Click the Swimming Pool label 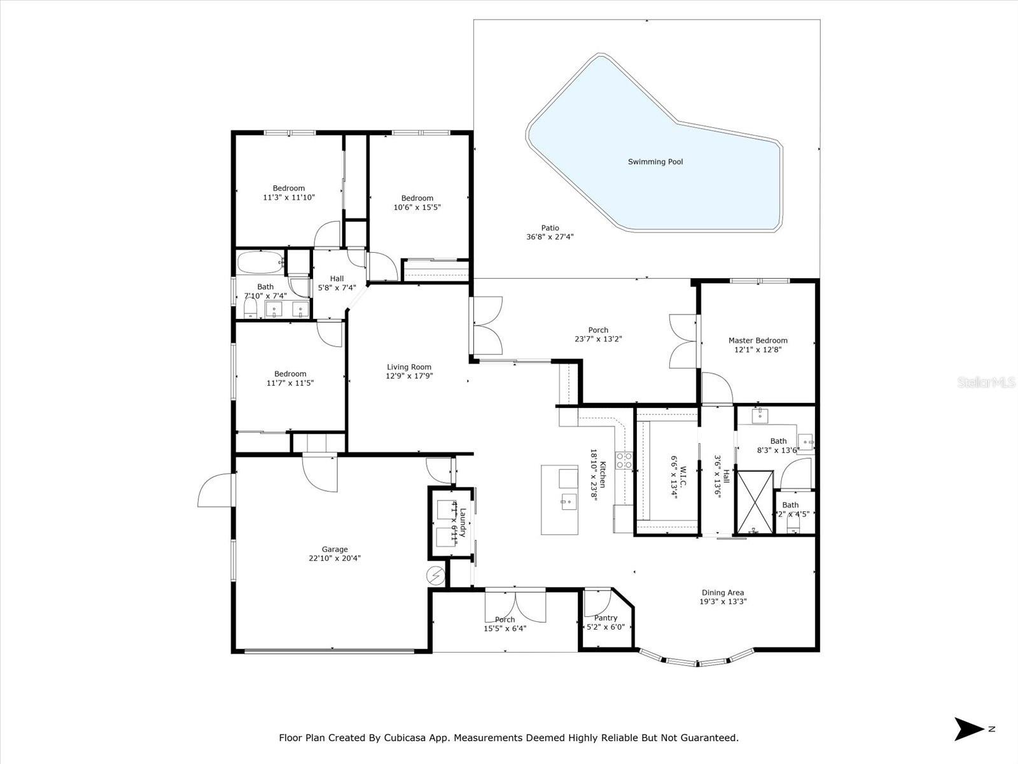tap(655, 162)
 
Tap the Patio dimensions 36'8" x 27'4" tap(550, 237)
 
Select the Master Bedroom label tap(758, 341)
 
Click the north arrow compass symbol tap(968, 729)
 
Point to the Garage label tap(335, 549)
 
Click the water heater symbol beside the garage tap(436, 576)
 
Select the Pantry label tap(606, 618)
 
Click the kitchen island tap(560, 500)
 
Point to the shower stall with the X tap(755, 502)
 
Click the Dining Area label tap(722, 593)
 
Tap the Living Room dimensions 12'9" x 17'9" tap(409, 376)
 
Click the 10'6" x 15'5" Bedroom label tap(417, 198)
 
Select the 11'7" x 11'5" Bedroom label tap(290, 374)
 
